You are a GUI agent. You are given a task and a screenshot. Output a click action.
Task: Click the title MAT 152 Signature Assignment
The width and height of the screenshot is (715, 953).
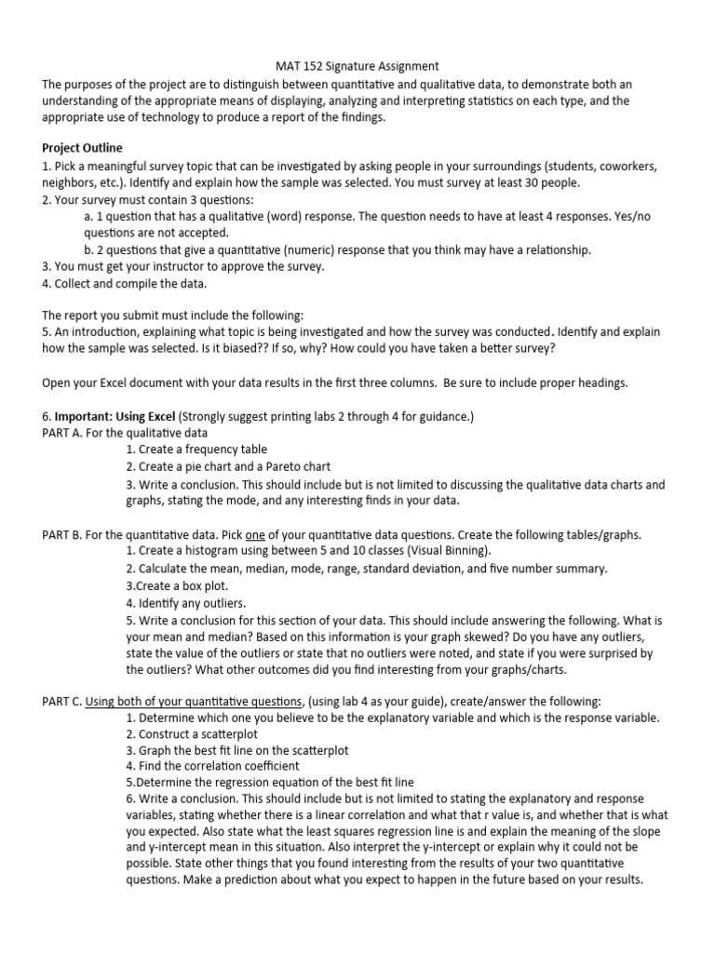(357, 66)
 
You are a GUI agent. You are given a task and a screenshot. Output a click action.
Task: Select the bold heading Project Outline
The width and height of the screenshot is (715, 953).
(82, 149)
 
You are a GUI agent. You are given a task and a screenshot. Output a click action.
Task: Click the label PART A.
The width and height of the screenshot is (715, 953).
(63, 433)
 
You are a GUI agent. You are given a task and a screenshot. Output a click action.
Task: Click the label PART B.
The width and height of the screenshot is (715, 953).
(63, 534)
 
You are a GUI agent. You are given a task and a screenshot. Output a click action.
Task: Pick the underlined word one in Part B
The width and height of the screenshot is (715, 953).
(254, 534)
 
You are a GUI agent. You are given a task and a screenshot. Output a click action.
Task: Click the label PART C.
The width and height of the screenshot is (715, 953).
(63, 702)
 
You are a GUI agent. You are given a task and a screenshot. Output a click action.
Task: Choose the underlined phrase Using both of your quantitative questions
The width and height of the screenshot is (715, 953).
(194, 702)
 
